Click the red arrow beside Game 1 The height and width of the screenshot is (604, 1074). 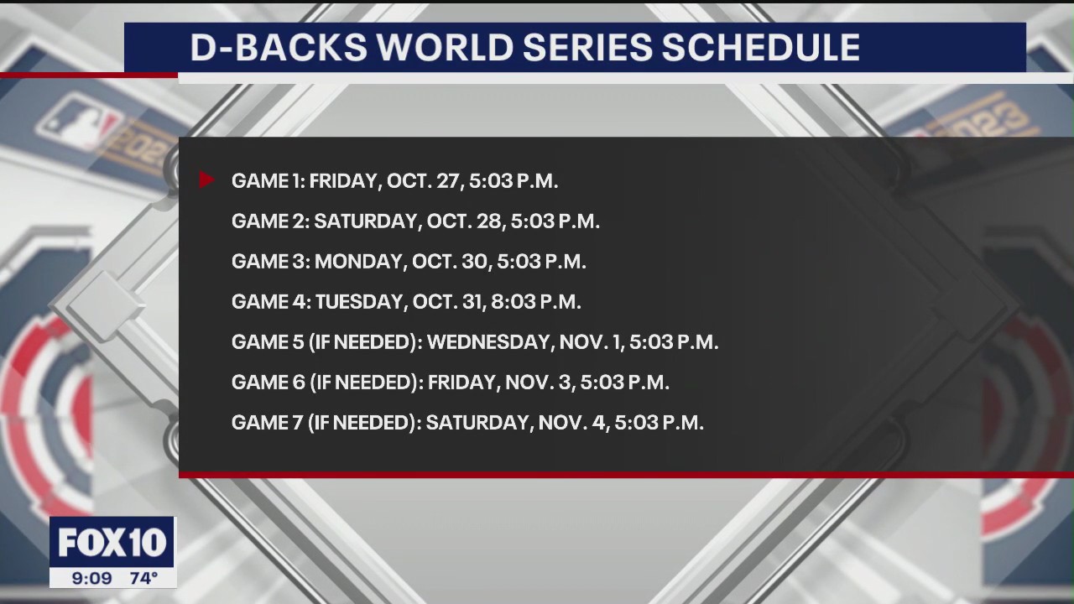(x=206, y=180)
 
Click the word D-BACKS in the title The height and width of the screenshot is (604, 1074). (x=278, y=48)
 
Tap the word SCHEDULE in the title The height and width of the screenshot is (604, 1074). (x=761, y=48)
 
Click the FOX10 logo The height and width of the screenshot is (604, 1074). (x=112, y=543)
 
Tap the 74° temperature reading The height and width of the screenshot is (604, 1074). (x=143, y=578)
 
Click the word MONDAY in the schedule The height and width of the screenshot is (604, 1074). (x=360, y=261)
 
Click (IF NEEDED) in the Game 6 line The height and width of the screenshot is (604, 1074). (x=365, y=382)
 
